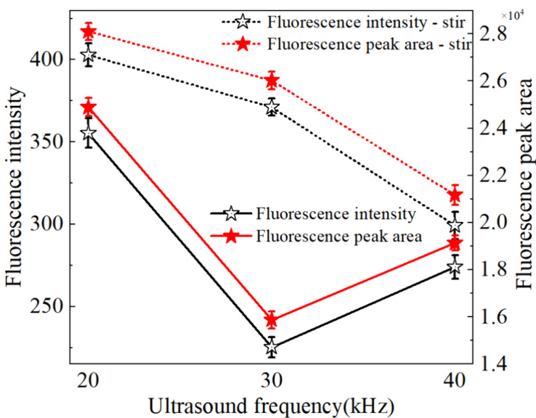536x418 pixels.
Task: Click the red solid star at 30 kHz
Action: pyautogui.click(x=272, y=319)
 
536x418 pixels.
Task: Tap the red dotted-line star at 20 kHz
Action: pyautogui.click(x=89, y=32)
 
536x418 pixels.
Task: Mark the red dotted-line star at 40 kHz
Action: pyautogui.click(x=455, y=194)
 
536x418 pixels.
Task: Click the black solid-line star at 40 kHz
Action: pyautogui.click(x=455, y=268)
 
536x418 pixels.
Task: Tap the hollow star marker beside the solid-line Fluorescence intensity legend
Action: pyautogui.click(x=232, y=213)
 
